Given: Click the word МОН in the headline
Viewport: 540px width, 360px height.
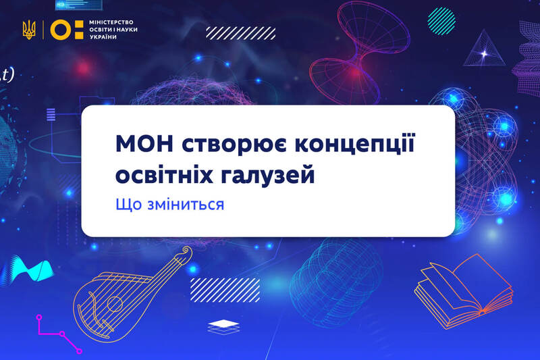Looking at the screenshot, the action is [144, 143].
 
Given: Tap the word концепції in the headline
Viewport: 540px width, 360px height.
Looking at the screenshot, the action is [355, 144].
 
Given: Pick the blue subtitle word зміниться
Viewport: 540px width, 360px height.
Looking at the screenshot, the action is [186, 205].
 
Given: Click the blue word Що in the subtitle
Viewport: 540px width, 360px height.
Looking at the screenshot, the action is [128, 204].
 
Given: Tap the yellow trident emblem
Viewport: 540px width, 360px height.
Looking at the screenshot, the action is [29, 30].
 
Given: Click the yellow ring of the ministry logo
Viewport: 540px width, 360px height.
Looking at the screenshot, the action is [61, 30].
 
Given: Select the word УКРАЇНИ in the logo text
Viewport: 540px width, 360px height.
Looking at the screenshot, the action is [103, 37].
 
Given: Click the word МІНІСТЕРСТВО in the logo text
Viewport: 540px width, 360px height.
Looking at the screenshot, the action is [111, 22].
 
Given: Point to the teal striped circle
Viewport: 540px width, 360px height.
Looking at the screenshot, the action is [441, 21].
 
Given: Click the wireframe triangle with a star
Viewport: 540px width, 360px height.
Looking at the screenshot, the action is [483, 49].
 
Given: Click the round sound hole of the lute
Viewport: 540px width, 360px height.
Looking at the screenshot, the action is [114, 304].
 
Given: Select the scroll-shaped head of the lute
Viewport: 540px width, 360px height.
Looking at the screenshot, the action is [186, 252].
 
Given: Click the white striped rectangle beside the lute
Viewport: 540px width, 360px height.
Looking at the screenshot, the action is [225, 290].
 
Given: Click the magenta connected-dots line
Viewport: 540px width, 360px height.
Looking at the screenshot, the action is [59, 334].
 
